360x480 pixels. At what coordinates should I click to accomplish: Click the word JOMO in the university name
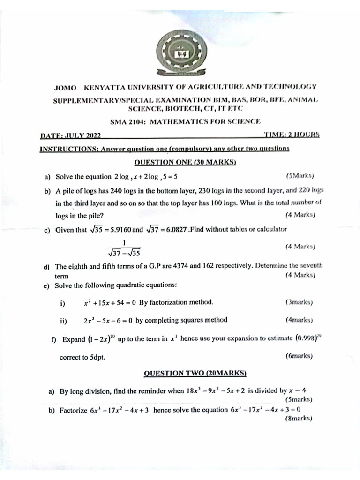(65, 87)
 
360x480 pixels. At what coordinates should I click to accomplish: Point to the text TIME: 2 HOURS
(292, 135)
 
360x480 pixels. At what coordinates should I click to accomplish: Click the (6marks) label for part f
(299, 356)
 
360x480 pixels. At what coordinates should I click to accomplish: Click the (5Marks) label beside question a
(300, 176)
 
